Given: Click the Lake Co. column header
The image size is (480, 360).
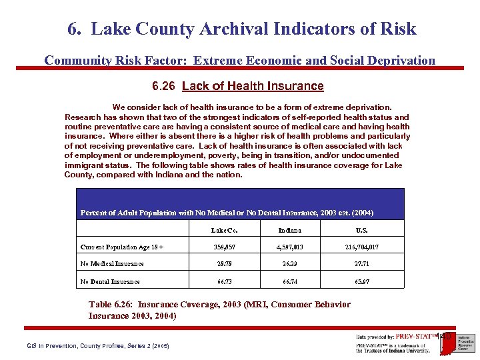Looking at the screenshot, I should (225, 230).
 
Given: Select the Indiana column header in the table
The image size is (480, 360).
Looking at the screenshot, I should (290, 230).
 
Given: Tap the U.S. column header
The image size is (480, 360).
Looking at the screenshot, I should (363, 230).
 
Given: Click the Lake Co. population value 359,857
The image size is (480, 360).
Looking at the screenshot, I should (225, 247).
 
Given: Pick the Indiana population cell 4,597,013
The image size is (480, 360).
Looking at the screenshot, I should (290, 247).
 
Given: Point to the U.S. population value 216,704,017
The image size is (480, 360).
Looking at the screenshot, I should (363, 247).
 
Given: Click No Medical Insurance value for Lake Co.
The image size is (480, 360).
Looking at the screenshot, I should (225, 264).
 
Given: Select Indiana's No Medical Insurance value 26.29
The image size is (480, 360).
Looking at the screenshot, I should (290, 264).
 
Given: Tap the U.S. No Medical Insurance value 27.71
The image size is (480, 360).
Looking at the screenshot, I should (363, 264).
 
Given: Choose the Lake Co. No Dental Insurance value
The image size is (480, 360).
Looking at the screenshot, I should (225, 281).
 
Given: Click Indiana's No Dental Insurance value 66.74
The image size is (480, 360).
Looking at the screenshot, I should (290, 281).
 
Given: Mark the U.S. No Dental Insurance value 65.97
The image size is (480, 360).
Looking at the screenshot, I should (363, 281).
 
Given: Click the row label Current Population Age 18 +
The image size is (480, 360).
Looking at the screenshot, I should (122, 247).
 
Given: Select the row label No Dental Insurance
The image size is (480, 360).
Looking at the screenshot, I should (110, 281).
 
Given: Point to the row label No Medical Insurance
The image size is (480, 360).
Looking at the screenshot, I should (112, 264).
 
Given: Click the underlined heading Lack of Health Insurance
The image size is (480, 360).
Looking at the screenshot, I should (253, 86).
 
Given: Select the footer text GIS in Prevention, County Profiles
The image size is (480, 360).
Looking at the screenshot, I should (98, 345).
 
